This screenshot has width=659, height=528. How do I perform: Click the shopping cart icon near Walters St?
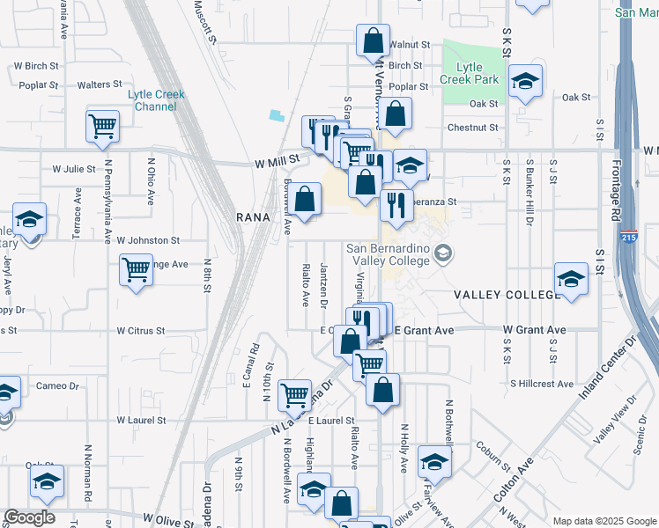103,126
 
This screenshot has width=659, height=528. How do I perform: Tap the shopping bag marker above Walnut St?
373,40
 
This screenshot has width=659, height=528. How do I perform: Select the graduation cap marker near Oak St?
525,83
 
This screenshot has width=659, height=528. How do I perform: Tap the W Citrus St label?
141,331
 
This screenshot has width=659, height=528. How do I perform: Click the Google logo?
29,517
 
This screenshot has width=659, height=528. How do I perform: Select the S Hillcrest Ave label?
541,384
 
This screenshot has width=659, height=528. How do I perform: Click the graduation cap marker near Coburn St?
434,461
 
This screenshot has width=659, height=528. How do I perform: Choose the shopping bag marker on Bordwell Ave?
306,199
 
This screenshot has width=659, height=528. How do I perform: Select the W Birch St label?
35,66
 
